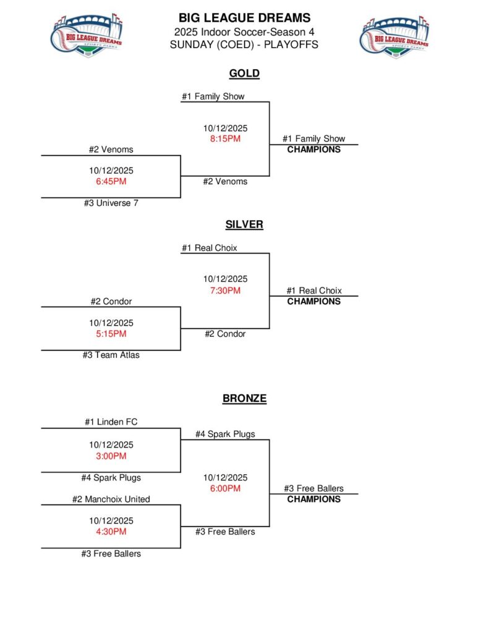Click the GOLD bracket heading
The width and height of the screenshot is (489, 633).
tap(244, 74)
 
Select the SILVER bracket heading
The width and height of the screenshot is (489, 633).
tap(244, 224)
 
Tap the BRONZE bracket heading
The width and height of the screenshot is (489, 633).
tap(244, 399)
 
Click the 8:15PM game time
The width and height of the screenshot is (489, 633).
tap(225, 139)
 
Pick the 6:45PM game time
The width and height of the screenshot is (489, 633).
tap(111, 182)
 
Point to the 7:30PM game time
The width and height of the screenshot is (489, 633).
tap(225, 291)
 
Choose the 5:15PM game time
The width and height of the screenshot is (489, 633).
tap(111, 334)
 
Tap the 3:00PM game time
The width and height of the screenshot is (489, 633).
tap(111, 456)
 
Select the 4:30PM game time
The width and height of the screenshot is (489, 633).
tap(111, 532)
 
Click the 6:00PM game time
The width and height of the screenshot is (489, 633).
tap(225, 488)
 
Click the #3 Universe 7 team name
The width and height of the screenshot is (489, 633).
tap(111, 203)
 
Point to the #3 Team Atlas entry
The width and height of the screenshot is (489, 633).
tap(111, 355)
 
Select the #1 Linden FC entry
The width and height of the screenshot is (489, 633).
tap(111, 422)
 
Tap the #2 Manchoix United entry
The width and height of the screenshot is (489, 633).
tap(111, 499)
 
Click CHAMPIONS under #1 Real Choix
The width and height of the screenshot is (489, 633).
tap(313, 302)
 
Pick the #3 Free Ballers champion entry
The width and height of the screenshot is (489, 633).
tap(313, 488)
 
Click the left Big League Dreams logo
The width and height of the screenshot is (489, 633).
tap(86, 36)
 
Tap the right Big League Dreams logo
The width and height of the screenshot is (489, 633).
tap(394, 36)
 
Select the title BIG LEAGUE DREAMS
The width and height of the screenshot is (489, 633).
tap(244, 18)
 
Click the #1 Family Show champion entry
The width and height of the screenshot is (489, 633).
tap(313, 139)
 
